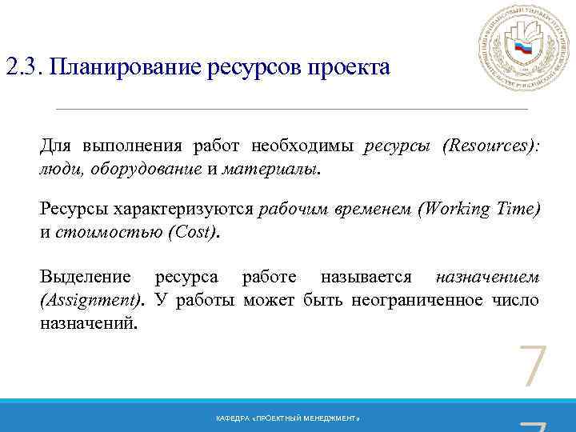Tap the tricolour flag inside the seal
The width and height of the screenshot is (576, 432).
tap(523, 48)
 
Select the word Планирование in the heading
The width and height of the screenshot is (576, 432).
tap(126, 66)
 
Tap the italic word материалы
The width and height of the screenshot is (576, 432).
tap(270, 169)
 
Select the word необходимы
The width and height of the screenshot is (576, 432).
tap(302, 146)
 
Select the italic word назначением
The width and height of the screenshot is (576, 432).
tap(487, 277)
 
